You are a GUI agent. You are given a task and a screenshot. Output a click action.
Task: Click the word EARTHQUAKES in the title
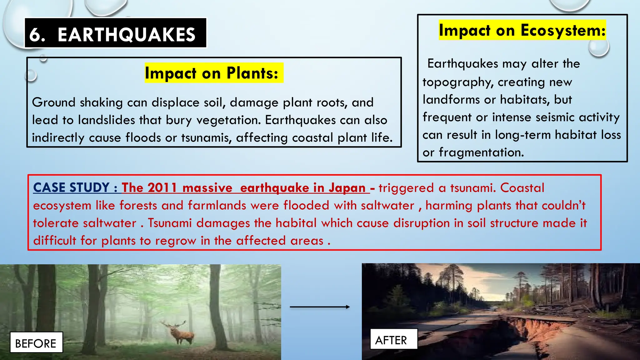click(x=127, y=34)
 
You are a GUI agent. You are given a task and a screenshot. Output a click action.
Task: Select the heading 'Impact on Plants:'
click(x=212, y=73)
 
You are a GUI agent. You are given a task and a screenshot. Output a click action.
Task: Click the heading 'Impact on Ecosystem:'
click(x=522, y=30)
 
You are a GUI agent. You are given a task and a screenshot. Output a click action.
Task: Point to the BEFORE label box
click(x=36, y=343)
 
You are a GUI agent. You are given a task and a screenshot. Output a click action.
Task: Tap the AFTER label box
click(x=391, y=340)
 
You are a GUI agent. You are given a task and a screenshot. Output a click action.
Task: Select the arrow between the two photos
click(x=320, y=307)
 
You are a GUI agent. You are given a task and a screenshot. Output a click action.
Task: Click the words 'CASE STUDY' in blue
click(x=71, y=187)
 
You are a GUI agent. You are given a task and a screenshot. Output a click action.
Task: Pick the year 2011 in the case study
click(x=162, y=188)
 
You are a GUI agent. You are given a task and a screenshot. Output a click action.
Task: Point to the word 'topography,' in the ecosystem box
click(x=458, y=82)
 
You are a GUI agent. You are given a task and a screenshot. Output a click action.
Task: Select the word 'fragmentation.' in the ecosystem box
click(x=481, y=152)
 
